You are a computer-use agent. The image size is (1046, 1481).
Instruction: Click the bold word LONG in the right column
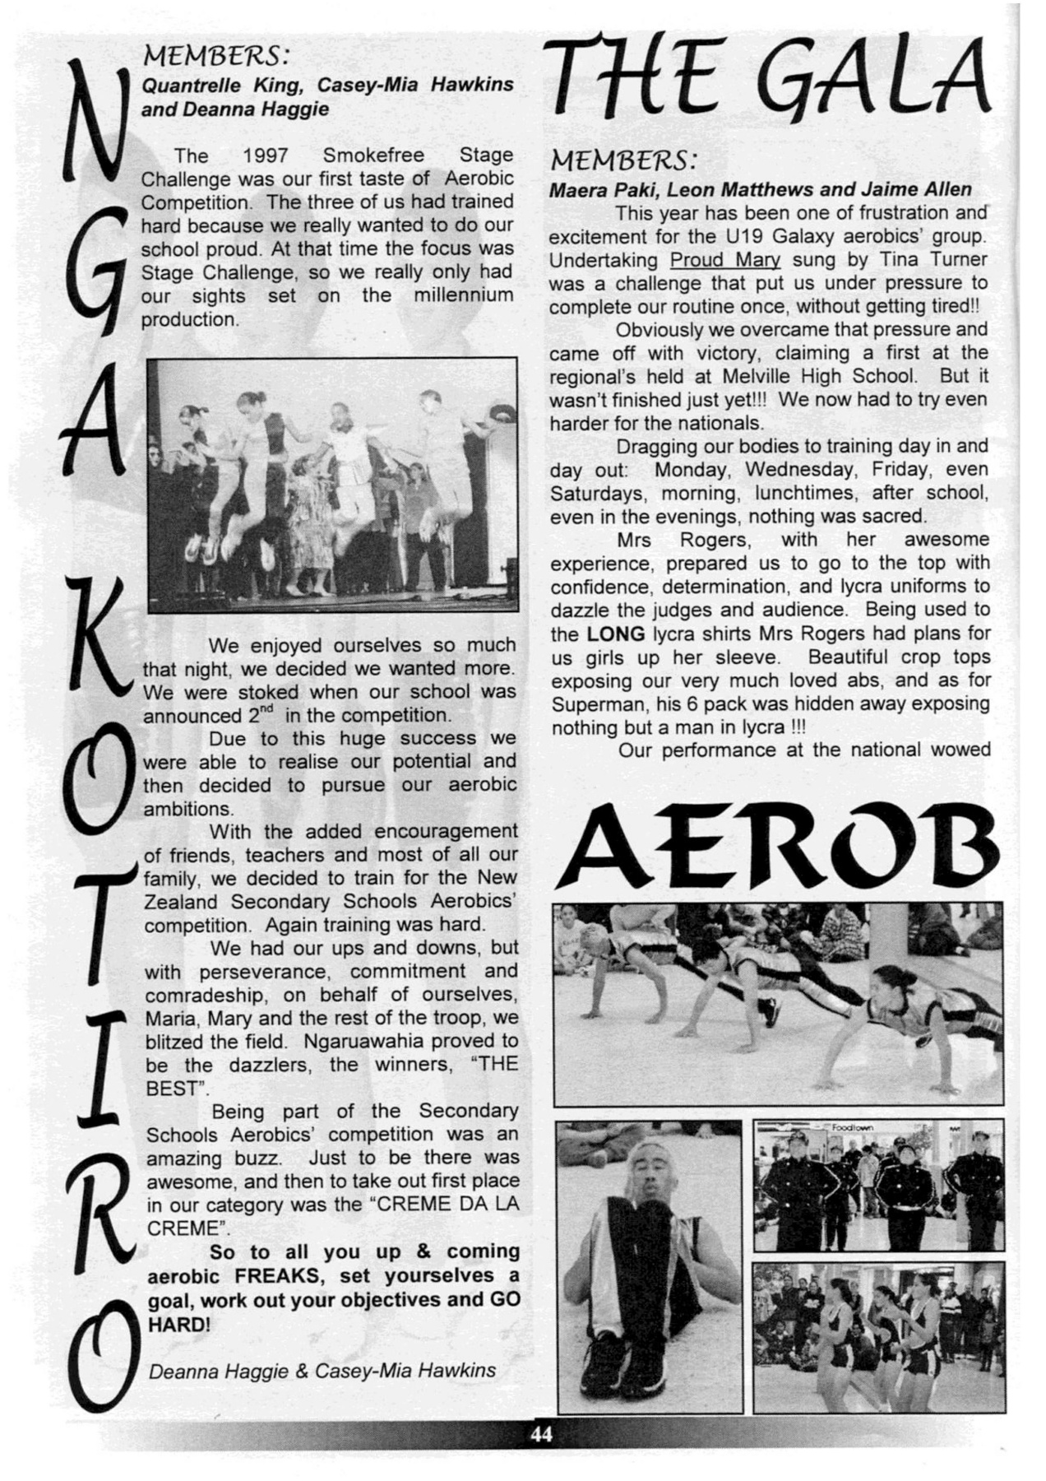pyautogui.click(x=615, y=634)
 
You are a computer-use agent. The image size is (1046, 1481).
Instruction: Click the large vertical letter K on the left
pyautogui.click(x=96, y=638)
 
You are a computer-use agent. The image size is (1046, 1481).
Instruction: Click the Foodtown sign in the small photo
pyautogui.click(x=852, y=1128)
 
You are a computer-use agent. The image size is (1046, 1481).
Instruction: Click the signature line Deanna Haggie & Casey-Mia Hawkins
pyautogui.click(x=322, y=1371)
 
